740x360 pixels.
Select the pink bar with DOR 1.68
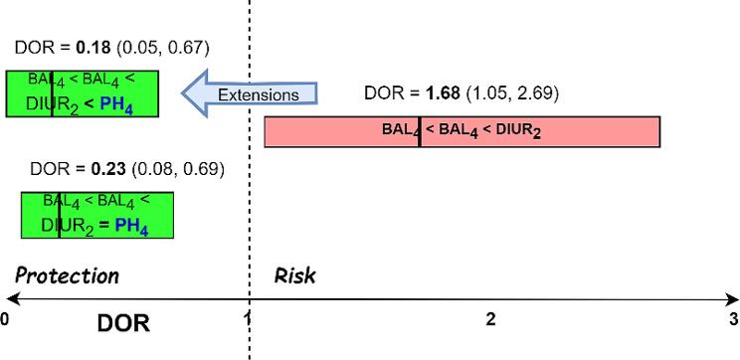(x=462, y=131)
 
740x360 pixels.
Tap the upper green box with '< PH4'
(x=83, y=93)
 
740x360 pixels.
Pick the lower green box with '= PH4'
(x=97, y=215)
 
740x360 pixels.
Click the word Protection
(x=68, y=275)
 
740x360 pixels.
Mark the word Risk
(x=295, y=275)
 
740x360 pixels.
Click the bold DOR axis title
(x=123, y=323)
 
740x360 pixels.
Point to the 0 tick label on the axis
(x=5, y=319)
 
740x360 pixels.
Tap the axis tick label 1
(x=247, y=319)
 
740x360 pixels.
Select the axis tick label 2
(x=489, y=319)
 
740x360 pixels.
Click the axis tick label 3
(x=733, y=319)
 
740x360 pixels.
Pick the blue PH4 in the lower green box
(x=131, y=226)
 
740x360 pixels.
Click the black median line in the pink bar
(x=420, y=131)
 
